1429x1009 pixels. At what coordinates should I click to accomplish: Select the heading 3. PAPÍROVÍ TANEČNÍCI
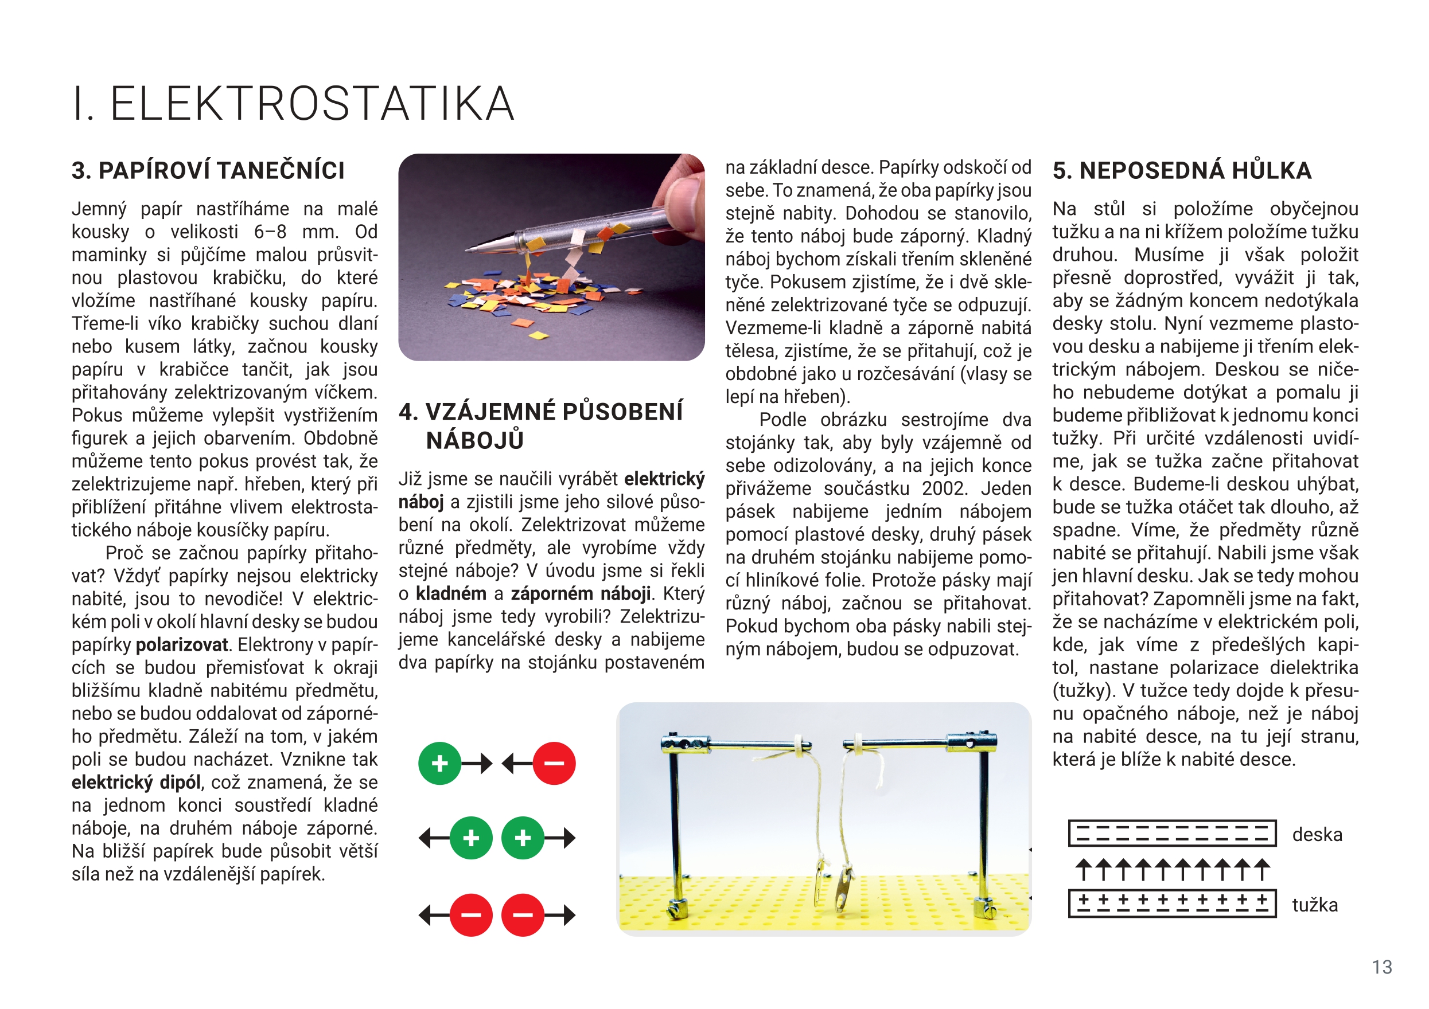click(208, 170)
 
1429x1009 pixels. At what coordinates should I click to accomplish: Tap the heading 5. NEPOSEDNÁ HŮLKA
click(1182, 170)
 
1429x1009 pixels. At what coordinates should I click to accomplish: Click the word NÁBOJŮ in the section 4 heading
click(475, 440)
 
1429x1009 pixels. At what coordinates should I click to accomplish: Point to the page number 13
click(1382, 967)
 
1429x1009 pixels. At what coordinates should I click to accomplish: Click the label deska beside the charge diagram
click(1317, 834)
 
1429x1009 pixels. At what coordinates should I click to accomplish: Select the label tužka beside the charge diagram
click(1314, 905)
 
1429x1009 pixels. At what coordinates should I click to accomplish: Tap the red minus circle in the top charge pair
click(554, 763)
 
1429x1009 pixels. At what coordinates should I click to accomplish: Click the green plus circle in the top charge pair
click(439, 763)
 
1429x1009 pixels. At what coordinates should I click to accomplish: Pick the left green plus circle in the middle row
click(471, 838)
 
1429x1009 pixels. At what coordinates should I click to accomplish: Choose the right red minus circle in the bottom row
click(523, 915)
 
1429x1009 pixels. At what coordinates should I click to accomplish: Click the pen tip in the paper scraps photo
click(470, 249)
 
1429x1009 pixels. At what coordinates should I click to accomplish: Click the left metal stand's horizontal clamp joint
click(684, 743)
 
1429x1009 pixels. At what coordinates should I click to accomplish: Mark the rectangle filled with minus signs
click(1172, 834)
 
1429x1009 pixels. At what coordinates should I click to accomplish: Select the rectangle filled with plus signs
click(1172, 904)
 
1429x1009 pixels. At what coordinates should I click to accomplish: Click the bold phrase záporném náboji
click(581, 593)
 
